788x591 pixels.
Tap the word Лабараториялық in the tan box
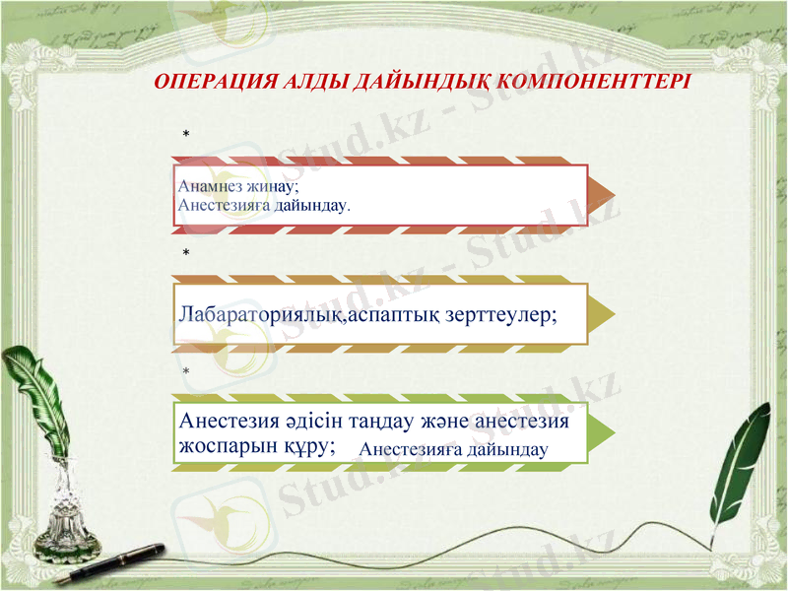coord(259,315)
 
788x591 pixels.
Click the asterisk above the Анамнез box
coord(184,132)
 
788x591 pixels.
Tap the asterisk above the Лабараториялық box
coord(184,254)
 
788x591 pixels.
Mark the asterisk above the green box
coord(184,371)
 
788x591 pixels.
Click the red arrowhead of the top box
coord(603,189)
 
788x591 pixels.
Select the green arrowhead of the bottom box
coord(603,431)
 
